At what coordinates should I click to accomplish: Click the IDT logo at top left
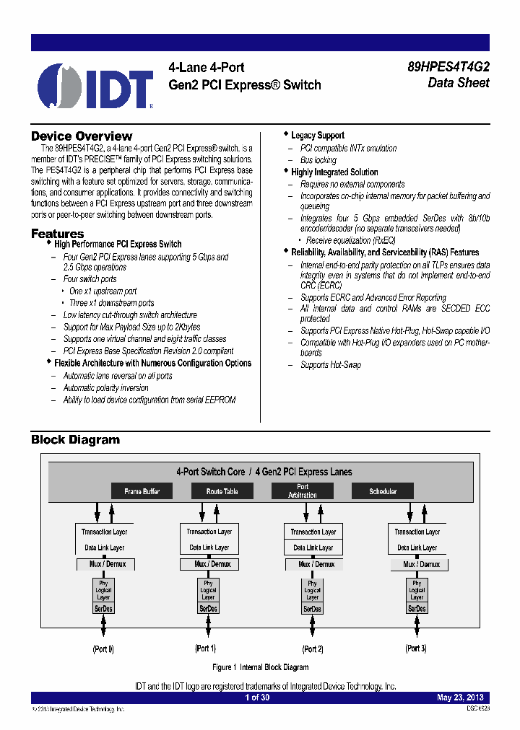pyautogui.click(x=95, y=86)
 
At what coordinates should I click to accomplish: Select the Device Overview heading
pyautogui.click(x=82, y=136)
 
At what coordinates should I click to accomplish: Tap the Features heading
pyautogui.click(x=57, y=234)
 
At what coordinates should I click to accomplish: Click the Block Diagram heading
pyautogui.click(x=75, y=440)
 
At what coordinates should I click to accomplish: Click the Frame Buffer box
pyautogui.click(x=142, y=491)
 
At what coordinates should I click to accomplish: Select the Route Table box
pyautogui.click(x=222, y=491)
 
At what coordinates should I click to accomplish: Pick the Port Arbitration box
pyautogui.click(x=302, y=491)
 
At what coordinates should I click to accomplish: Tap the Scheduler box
pyautogui.click(x=383, y=491)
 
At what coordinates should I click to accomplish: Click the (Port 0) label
pyautogui.click(x=103, y=649)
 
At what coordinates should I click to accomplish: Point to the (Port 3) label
pyautogui.click(x=416, y=648)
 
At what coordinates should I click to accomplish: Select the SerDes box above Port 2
pyautogui.click(x=312, y=609)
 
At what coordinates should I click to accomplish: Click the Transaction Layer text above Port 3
pyautogui.click(x=417, y=532)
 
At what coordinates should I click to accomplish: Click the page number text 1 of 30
pyautogui.click(x=257, y=698)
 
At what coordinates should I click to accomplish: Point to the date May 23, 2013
pyautogui.click(x=460, y=698)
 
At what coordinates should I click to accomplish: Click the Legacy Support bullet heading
pyautogui.click(x=318, y=136)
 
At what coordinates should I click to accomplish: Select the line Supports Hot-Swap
pyautogui.click(x=331, y=365)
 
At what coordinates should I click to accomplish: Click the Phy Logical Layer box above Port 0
pyautogui.click(x=103, y=590)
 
